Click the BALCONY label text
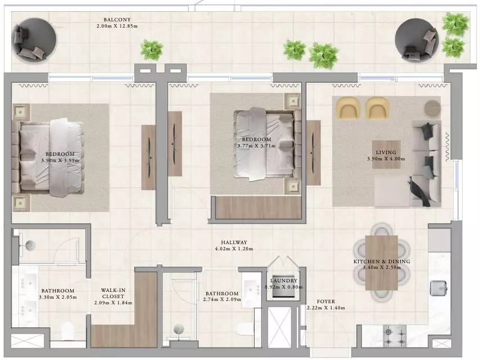[x=117, y=20]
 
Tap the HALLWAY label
[x=234, y=242]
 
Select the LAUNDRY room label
[x=284, y=281]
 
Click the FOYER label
[x=326, y=301]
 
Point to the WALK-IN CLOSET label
[x=114, y=293]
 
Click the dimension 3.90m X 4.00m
[x=386, y=159]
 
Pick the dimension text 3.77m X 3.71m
[x=256, y=146]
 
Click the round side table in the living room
[x=432, y=108]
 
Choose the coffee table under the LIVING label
[x=386, y=155]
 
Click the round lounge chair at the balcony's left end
[x=34, y=39]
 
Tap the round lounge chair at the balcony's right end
[x=416, y=40]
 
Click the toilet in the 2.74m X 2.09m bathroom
[x=243, y=330]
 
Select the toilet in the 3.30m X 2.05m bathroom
[x=67, y=331]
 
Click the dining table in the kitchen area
[x=382, y=263]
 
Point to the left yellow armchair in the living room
[x=347, y=107]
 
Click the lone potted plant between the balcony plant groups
[x=152, y=49]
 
